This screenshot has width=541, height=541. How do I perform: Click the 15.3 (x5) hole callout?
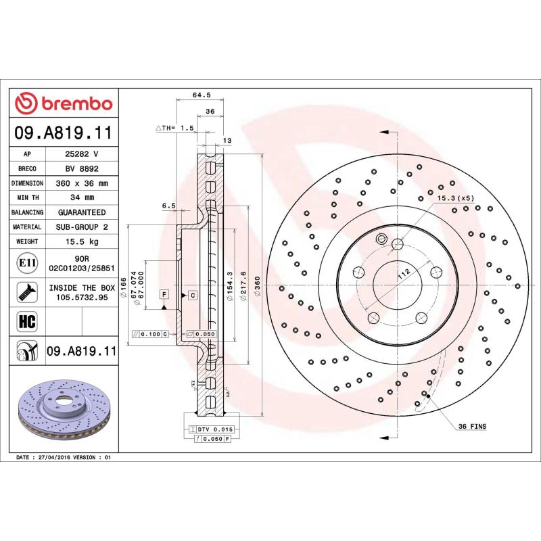coord(457,197)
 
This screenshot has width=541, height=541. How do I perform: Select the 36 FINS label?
coord(472,427)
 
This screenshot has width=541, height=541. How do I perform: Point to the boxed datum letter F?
coord(164,294)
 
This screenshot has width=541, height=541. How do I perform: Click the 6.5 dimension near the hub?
coord(169,205)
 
